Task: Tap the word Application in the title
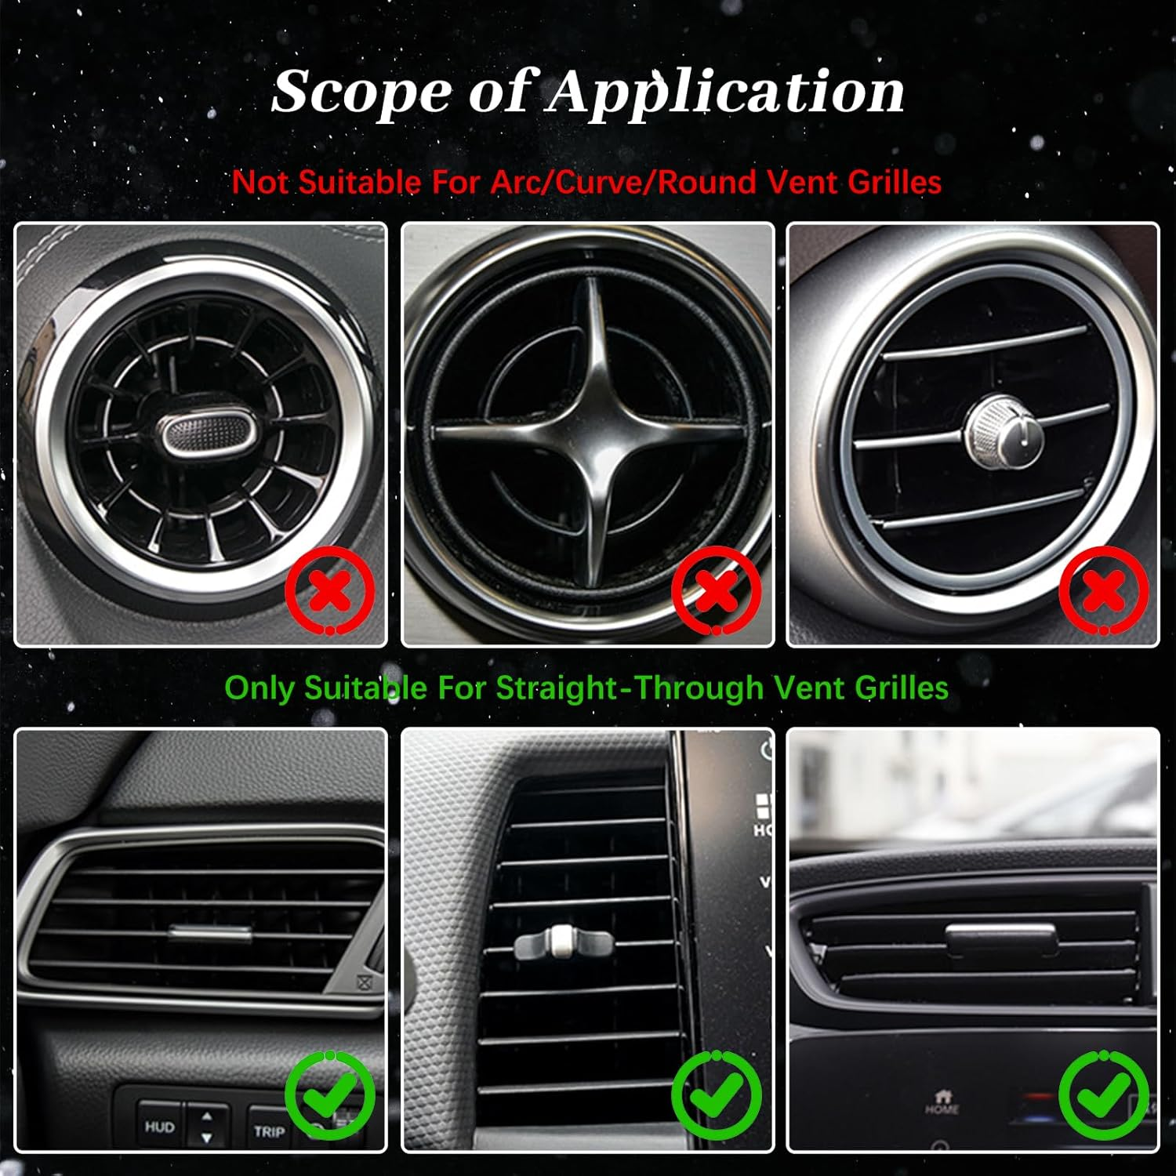[x=725, y=93]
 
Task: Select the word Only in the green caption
[x=260, y=688]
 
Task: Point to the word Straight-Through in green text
[x=630, y=688]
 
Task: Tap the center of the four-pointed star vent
[x=587, y=434]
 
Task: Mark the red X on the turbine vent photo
[x=330, y=592]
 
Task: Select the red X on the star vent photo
[x=717, y=592]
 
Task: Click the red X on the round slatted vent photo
[x=1103, y=592]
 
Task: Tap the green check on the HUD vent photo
[x=330, y=1095]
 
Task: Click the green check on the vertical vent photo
[x=717, y=1095]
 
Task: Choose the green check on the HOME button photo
[x=1103, y=1095]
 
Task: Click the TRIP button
[x=269, y=1131]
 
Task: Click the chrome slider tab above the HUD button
[x=210, y=933]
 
